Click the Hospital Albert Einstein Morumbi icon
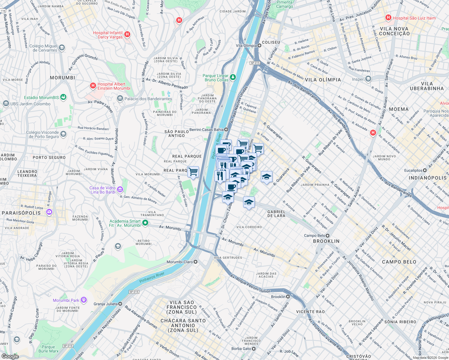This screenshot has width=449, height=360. click(93, 86)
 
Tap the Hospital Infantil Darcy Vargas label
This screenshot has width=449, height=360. click(108, 35)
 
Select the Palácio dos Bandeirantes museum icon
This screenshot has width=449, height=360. click(120, 99)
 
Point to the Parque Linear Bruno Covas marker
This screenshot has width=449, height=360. click(233, 78)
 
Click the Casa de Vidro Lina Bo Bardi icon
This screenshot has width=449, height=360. click(120, 189)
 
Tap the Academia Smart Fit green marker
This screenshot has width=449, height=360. click(145, 223)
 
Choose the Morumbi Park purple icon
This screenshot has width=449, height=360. click(84, 300)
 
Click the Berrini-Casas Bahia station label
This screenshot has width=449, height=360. click(206, 130)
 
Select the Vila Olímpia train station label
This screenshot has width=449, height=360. click(246, 46)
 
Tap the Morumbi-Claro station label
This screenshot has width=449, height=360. click(179, 262)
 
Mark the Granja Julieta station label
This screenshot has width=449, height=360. click(106, 304)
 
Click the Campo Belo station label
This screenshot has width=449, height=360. click(315, 235)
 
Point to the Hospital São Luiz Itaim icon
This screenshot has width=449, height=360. click(388, 18)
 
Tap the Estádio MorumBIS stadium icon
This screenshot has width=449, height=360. click(63, 97)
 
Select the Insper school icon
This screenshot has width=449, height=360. click(368, 79)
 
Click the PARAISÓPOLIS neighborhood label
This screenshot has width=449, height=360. click(21, 213)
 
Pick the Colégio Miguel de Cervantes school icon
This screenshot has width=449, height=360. click(62, 48)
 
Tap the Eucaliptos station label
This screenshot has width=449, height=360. click(413, 170)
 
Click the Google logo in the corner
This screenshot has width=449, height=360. click(10, 356)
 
